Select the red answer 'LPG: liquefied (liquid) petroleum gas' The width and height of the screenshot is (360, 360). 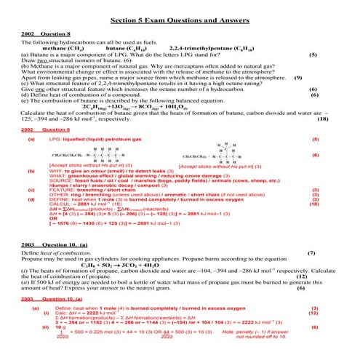point(97,138)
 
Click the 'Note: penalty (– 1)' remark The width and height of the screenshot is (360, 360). point(274,333)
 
